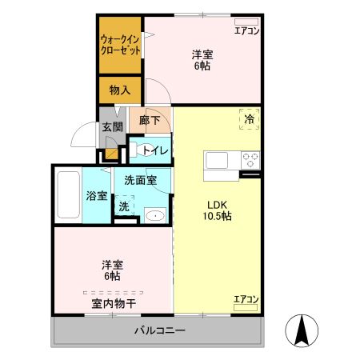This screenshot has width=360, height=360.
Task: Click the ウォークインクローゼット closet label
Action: (121, 44)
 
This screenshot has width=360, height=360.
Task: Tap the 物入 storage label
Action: (121, 89)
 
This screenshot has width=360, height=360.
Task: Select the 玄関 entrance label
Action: (111, 126)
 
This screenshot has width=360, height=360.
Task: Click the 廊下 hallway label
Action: (150, 121)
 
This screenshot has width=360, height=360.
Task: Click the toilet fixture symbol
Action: (137, 150)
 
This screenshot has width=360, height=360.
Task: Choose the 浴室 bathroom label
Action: (97, 195)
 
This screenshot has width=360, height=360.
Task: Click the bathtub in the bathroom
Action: (68, 195)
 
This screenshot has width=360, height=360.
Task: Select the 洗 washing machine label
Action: (123, 206)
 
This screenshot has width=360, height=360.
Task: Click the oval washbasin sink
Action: (154, 214)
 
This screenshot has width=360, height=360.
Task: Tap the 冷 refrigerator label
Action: (249, 118)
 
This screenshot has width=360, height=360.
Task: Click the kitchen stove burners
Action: (250, 158)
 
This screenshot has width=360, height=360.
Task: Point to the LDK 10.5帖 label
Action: (215, 210)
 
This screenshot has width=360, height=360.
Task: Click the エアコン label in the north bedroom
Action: (246, 31)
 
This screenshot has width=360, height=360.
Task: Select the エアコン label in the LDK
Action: (246, 299)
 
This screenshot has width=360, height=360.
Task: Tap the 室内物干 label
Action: (113, 303)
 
